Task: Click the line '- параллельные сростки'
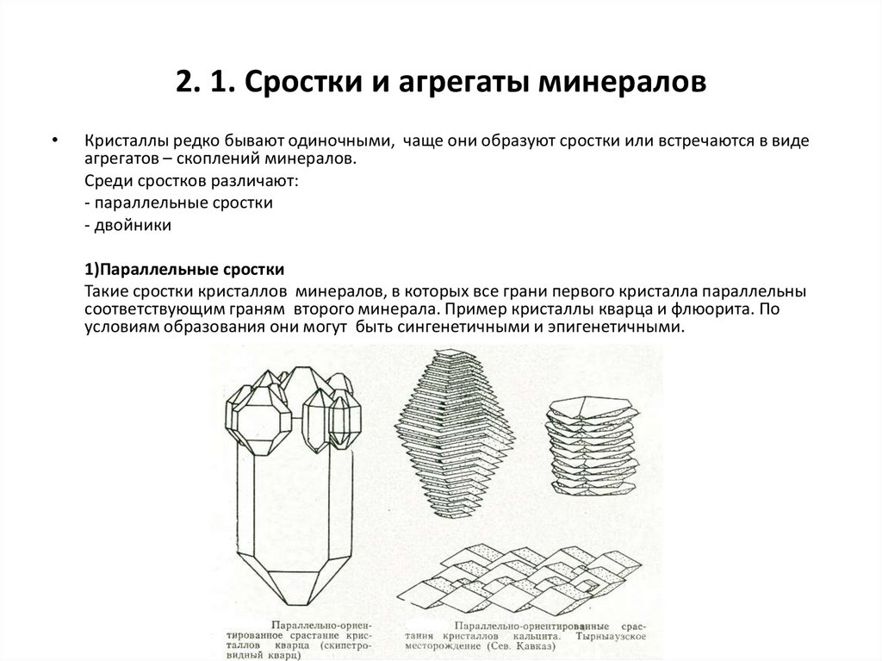pyautogui.click(x=179, y=203)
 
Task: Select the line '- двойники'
pyautogui.click(x=128, y=225)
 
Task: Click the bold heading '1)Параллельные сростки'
pyautogui.click(x=184, y=269)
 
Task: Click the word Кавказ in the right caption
pyautogui.click(x=575, y=642)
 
